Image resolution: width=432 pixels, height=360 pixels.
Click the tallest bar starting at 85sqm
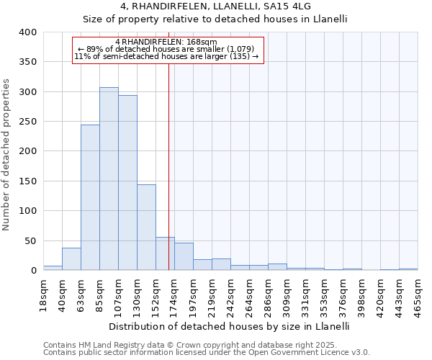pyautogui.click(x=109, y=179)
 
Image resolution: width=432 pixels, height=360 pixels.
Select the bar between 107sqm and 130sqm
pyautogui.click(x=127, y=183)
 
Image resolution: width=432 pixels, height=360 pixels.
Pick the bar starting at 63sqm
pyautogui.click(x=90, y=197)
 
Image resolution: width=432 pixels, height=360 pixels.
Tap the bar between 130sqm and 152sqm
pyautogui.click(x=146, y=228)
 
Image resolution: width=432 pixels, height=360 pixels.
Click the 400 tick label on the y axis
pyautogui.click(x=27, y=32)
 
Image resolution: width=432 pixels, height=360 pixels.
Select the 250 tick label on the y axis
pyautogui.click(x=27, y=122)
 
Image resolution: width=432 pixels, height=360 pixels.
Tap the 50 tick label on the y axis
pyautogui.click(x=30, y=240)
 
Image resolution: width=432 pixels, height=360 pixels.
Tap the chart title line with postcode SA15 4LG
pyautogui.click(x=215, y=6)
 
